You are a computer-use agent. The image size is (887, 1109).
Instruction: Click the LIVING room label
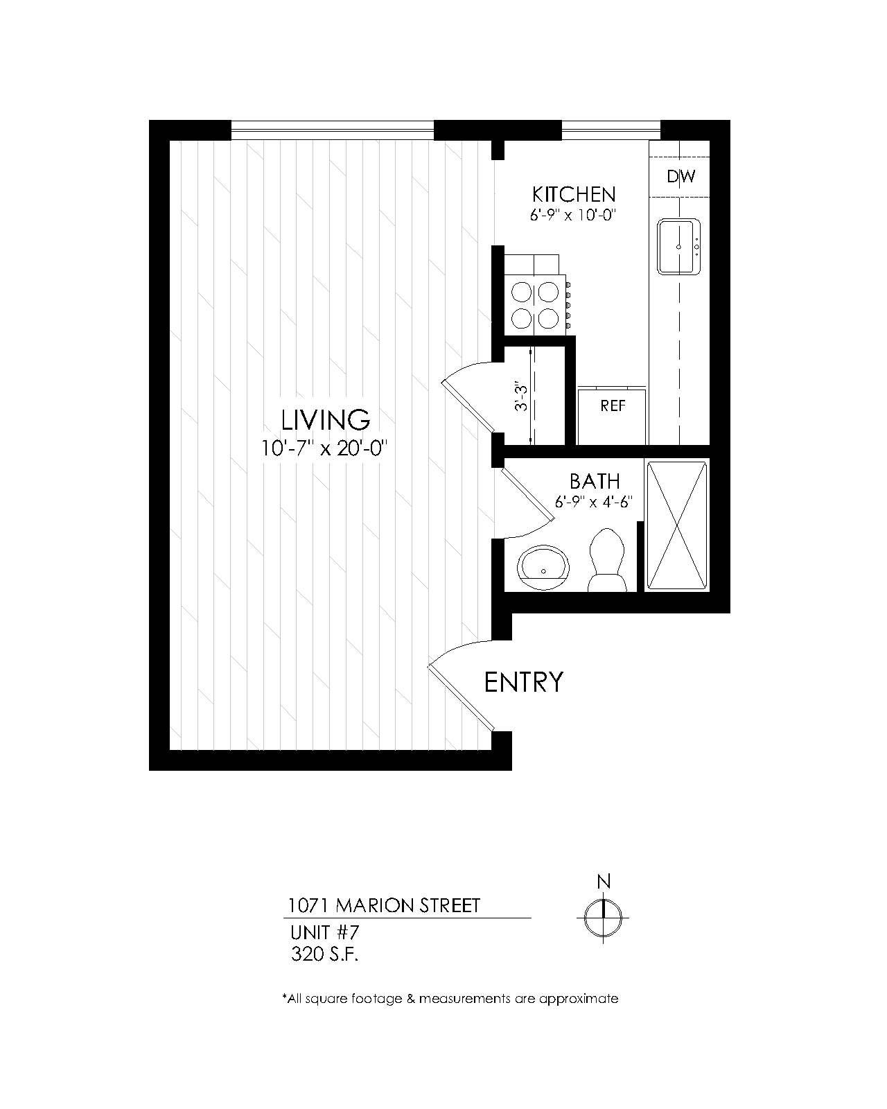coord(325,420)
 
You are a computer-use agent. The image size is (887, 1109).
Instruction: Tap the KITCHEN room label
coord(574,195)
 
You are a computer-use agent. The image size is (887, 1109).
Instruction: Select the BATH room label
coord(595,481)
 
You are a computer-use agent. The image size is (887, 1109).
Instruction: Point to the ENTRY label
coord(524,682)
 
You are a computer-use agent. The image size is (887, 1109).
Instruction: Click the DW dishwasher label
coord(680,177)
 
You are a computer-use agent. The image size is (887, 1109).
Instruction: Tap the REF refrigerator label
coord(613,405)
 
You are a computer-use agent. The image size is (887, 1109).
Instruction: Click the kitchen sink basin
coord(679,247)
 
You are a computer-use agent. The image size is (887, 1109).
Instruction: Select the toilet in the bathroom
coord(607,560)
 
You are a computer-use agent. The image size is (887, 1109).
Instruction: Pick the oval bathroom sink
coord(543,568)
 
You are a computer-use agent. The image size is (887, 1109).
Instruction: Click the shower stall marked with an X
coord(677,525)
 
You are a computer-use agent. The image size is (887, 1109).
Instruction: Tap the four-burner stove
coord(536,305)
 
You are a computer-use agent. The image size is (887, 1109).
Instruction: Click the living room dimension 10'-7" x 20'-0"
coord(324,448)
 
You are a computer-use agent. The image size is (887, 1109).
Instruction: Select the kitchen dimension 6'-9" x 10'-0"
coord(573,215)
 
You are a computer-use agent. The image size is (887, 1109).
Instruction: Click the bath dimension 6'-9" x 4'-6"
coord(594,501)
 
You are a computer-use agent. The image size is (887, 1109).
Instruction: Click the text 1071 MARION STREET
coord(384,905)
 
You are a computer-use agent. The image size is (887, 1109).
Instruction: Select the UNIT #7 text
coord(325,932)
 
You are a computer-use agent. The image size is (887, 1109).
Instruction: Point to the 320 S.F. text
coord(325,954)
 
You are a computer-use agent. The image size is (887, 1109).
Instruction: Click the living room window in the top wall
coord(333,130)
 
